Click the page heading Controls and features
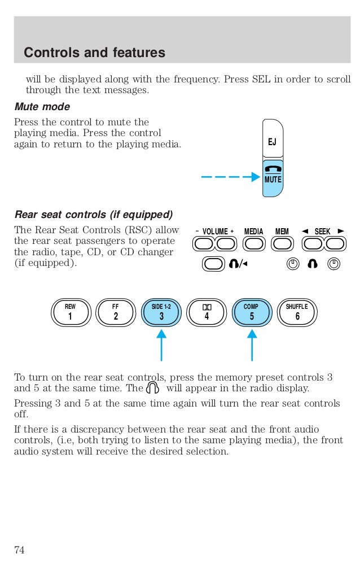click(x=94, y=53)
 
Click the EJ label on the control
click(x=272, y=141)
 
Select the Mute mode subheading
click(x=42, y=107)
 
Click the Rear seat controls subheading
click(x=93, y=215)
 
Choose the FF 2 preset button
click(x=116, y=312)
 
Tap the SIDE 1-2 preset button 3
click(x=161, y=312)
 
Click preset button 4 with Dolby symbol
click(x=207, y=312)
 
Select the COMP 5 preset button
click(x=252, y=312)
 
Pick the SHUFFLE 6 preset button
click(x=297, y=312)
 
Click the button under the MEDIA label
click(x=254, y=243)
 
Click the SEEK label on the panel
click(x=322, y=232)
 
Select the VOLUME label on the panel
click(x=214, y=232)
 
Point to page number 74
click(x=19, y=550)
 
